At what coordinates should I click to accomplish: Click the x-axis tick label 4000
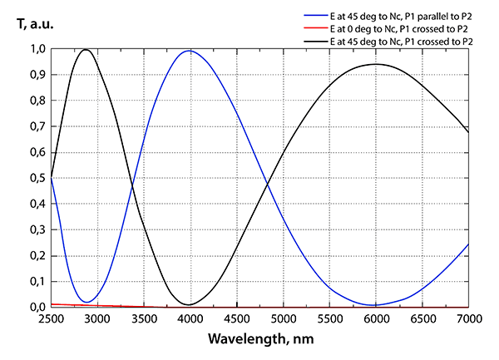(190, 319)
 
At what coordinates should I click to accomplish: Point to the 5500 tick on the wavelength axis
(329, 319)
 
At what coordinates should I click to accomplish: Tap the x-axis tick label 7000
(469, 319)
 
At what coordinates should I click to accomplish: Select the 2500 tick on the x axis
(52, 319)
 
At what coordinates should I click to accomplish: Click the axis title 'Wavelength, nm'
(259, 340)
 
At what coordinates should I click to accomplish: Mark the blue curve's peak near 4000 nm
(190, 52)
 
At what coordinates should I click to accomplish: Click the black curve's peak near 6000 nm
(376, 64)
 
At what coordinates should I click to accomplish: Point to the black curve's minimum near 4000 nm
(190, 304)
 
